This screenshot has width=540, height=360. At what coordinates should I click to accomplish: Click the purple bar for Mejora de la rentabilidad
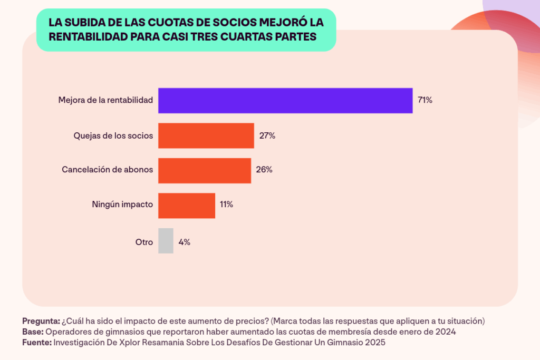(285, 100)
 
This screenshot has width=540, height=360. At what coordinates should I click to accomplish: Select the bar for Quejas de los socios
(206, 135)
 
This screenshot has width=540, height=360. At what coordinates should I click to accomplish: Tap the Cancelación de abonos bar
(205, 170)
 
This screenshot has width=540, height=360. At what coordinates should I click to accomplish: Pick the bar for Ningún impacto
(187, 206)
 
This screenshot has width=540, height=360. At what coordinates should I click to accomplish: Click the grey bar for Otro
(166, 241)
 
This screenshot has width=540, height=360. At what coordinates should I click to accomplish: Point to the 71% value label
(425, 100)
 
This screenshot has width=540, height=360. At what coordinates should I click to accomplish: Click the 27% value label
(267, 135)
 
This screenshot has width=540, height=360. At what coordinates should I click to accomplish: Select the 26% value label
(264, 170)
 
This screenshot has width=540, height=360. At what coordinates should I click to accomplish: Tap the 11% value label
(227, 205)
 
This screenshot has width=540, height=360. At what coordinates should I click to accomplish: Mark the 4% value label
(185, 242)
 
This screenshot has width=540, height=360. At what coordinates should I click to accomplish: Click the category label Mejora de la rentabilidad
(105, 100)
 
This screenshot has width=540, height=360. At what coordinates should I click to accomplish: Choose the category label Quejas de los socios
(113, 135)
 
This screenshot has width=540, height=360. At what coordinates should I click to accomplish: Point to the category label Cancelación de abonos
(108, 170)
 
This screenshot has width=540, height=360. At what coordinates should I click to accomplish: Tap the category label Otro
(144, 242)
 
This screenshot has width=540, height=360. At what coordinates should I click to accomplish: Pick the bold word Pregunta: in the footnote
(41, 322)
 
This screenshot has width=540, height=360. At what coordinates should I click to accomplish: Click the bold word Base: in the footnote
(33, 332)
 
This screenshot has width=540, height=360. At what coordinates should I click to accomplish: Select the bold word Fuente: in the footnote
(36, 343)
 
